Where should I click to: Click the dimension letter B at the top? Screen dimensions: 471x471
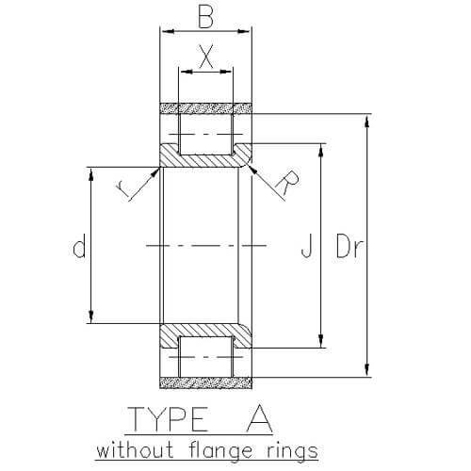pos(206,17)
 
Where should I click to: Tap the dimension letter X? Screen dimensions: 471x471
pos(206,57)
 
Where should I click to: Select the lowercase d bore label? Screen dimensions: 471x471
pos(79,245)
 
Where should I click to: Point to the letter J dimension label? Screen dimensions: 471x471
pos(307,245)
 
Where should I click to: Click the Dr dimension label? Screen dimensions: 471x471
pos(349,245)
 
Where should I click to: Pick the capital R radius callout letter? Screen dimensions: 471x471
pos(287,183)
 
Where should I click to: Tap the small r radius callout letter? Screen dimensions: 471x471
pos(122,189)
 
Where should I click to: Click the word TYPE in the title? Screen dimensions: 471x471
pos(169,418)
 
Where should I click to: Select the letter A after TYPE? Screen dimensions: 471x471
pos(259,418)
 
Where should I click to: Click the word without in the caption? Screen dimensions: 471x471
pos(135,450)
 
